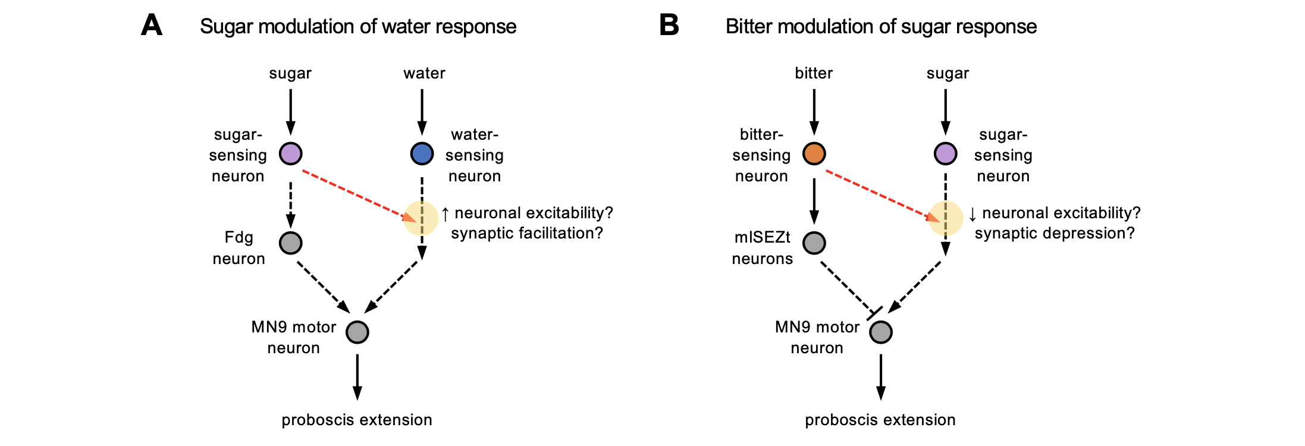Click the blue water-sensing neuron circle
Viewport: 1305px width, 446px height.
pyautogui.click(x=422, y=153)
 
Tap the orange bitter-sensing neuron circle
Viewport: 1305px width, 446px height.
pyautogui.click(x=814, y=153)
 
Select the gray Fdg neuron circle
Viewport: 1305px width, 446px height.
pyautogui.click(x=290, y=243)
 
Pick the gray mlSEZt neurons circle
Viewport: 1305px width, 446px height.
pyautogui.click(x=814, y=243)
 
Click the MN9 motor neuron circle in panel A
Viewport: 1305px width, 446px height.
pyautogui.click(x=357, y=332)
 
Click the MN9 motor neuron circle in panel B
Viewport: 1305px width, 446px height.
pyautogui.click(x=880, y=332)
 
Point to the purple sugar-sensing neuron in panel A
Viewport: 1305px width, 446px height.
pyautogui.click(x=290, y=153)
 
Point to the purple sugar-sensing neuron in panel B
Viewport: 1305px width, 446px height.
pyautogui.click(x=945, y=153)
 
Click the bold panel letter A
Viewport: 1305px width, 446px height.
pyautogui.click(x=152, y=26)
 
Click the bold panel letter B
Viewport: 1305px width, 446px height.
pyautogui.click(x=669, y=26)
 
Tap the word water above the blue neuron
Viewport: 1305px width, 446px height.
pyautogui.click(x=424, y=73)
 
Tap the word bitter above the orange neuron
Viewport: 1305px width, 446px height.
pyautogui.click(x=814, y=73)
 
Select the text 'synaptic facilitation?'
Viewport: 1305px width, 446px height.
pyautogui.click(x=526, y=233)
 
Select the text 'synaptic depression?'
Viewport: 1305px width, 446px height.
pyautogui.click(x=1054, y=233)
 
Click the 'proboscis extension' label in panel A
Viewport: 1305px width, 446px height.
pyautogui.click(x=357, y=420)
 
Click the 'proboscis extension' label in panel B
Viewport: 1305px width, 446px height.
pyautogui.click(x=880, y=420)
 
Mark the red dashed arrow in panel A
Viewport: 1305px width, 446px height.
pyautogui.click(x=357, y=195)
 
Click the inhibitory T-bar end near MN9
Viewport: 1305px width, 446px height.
pyautogui.click(x=874, y=313)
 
